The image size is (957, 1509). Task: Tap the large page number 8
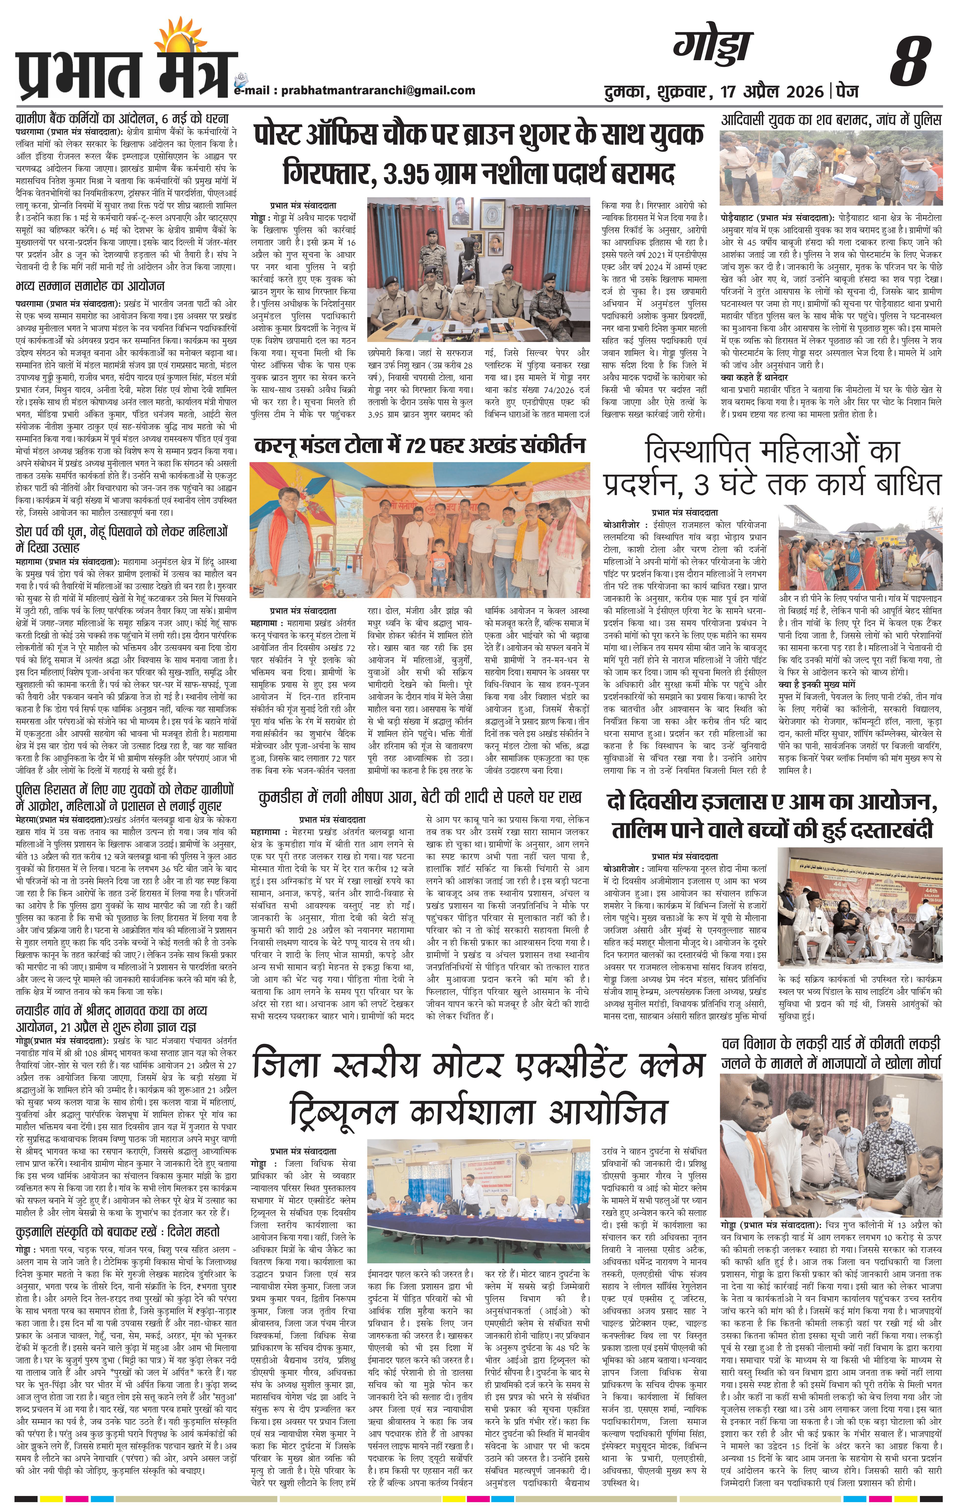click(909, 61)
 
